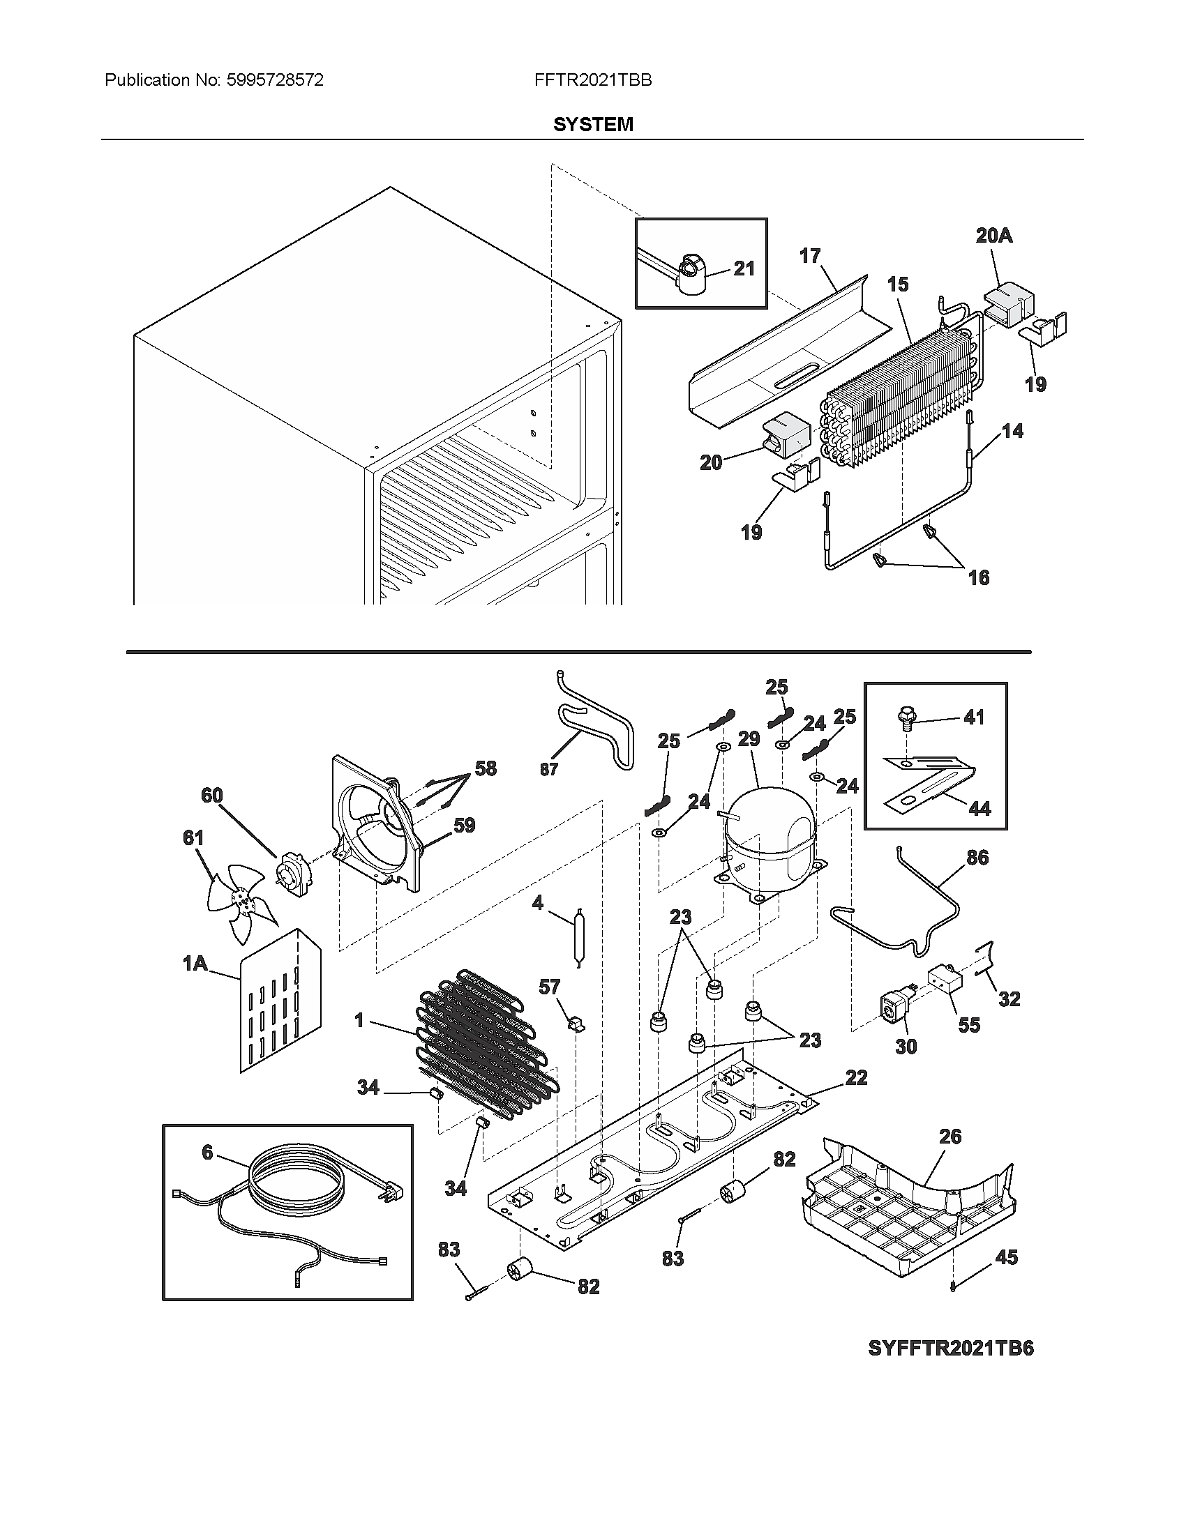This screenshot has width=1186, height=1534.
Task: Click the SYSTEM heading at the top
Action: click(x=592, y=125)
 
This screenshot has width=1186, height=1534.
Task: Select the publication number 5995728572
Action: click(x=275, y=80)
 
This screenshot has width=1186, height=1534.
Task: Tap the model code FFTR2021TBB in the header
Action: click(x=592, y=80)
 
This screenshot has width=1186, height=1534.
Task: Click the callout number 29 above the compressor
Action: click(x=749, y=739)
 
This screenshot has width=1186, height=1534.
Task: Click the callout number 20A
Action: click(x=993, y=236)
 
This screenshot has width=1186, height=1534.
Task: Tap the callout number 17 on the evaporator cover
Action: click(x=809, y=257)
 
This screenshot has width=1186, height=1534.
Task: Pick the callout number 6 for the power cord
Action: click(x=207, y=1153)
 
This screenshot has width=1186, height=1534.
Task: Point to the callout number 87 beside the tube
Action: click(x=549, y=769)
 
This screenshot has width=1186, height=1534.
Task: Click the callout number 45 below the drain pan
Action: click(x=1007, y=1257)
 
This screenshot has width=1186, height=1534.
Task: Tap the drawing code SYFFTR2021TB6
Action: click(x=951, y=1349)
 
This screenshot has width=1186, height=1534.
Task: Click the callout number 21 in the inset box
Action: click(x=744, y=268)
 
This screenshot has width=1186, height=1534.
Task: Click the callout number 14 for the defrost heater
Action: click(x=1012, y=430)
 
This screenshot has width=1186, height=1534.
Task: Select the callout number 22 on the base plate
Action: click(x=856, y=1077)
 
